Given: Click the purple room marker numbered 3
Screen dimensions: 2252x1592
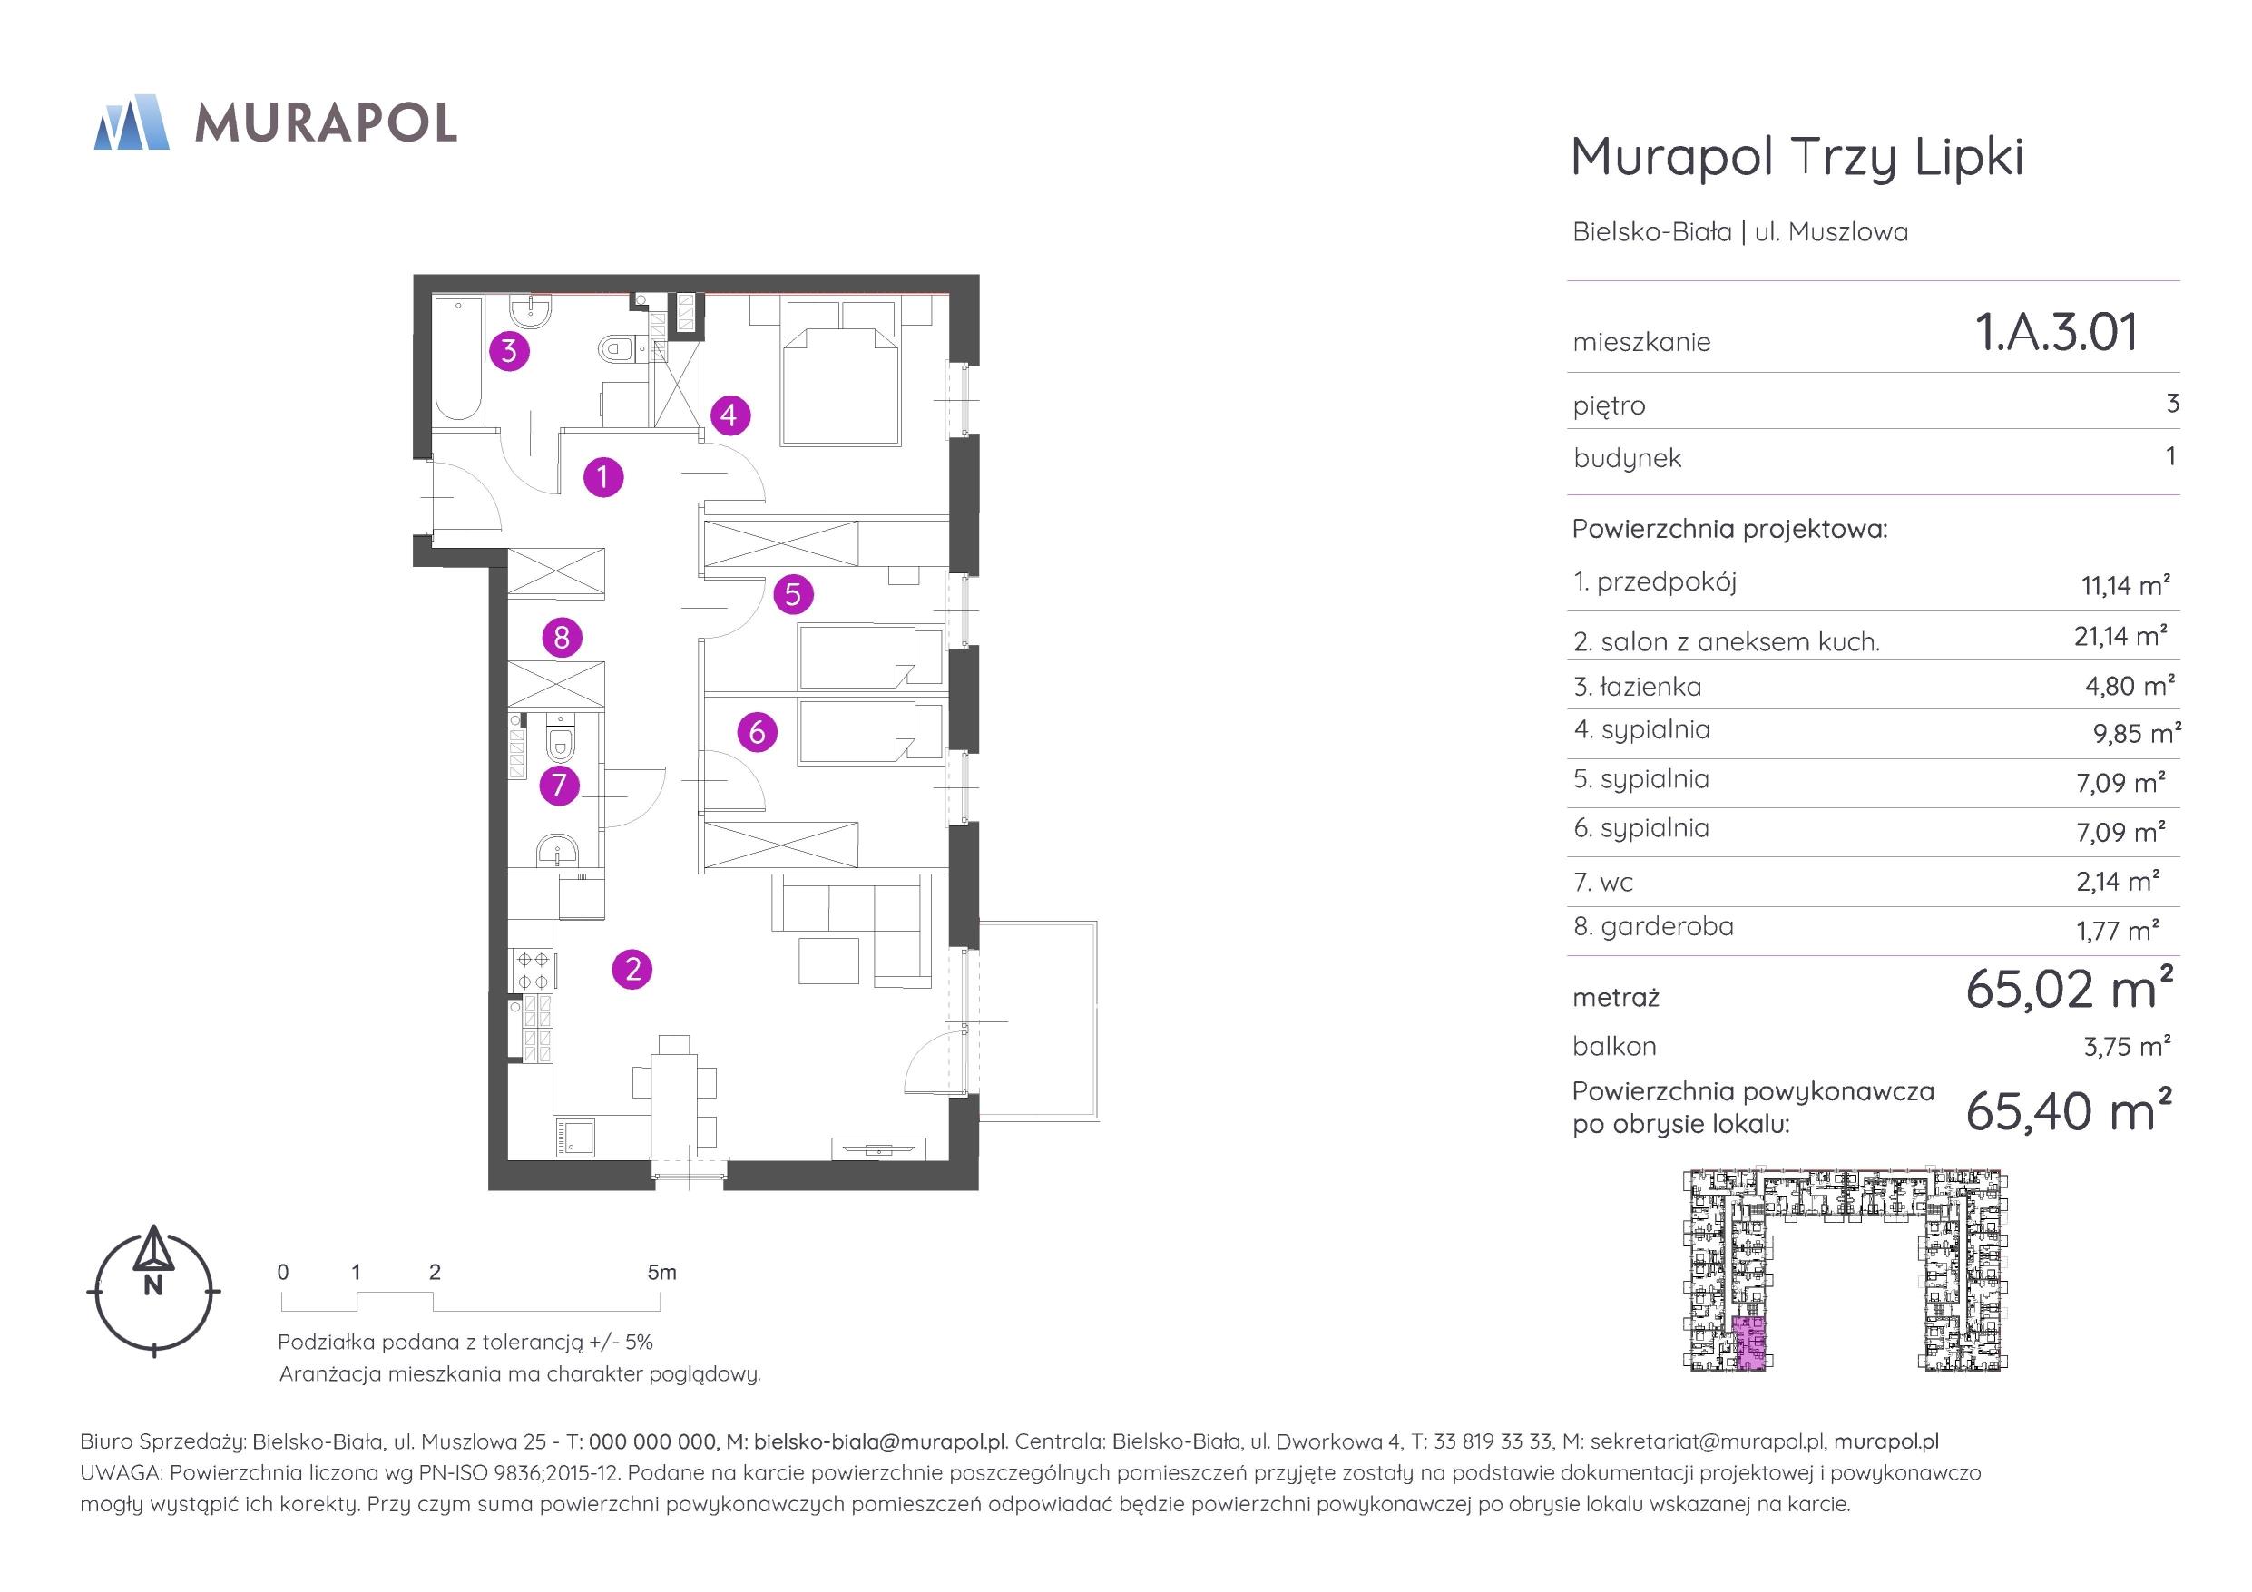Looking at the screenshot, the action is (x=509, y=350).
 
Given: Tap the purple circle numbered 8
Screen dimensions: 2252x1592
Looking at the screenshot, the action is (x=562, y=638).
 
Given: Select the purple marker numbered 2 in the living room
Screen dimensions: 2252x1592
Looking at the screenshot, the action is (x=632, y=969).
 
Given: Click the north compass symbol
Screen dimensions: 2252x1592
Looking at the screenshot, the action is (x=154, y=1290).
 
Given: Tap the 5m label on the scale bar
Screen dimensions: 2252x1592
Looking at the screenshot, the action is (x=662, y=1272).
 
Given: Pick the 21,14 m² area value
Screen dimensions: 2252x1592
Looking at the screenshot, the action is (x=2120, y=636).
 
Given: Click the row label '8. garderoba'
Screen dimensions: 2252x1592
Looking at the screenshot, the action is (x=1654, y=926).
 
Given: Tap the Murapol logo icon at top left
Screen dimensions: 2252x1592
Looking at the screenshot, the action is (x=132, y=122).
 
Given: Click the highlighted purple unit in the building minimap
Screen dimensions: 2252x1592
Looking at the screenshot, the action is (x=1748, y=1343).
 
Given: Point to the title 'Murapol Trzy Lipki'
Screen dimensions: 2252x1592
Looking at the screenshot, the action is (x=1797, y=157).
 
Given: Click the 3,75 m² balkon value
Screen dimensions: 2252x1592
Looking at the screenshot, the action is (x=2127, y=1046).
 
